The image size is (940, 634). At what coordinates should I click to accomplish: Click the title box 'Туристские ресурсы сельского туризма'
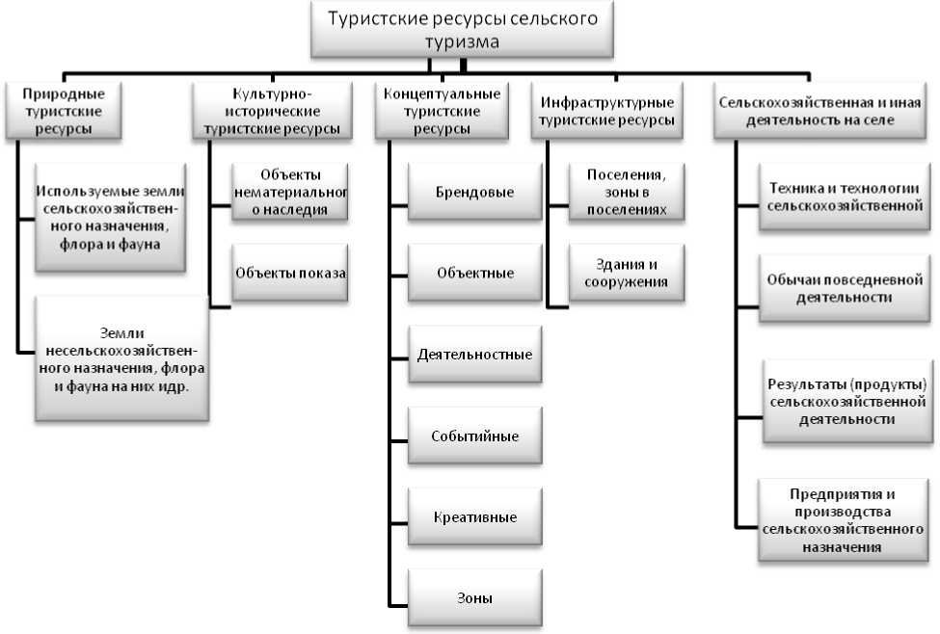[463, 29]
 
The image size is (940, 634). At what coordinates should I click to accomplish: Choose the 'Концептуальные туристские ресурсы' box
[442, 112]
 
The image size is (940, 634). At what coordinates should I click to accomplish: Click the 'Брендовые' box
[472, 192]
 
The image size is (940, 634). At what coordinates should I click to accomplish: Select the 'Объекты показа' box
[290, 273]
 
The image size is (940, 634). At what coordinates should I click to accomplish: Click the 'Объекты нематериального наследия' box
[290, 192]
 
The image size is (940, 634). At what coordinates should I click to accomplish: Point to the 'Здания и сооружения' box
[628, 273]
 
